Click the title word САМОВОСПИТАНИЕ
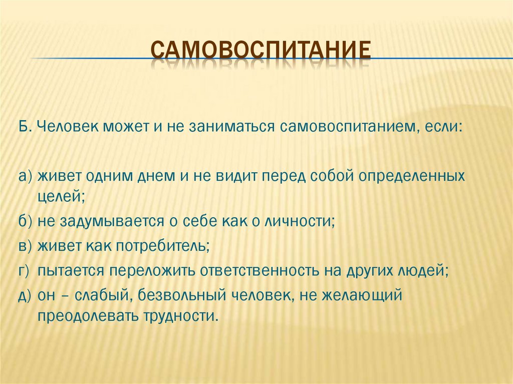[261, 50]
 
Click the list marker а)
[26, 176]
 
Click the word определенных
[412, 176]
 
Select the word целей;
[61, 196]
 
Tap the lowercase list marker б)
[26, 221]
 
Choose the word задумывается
[112, 221]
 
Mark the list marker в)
[26, 246]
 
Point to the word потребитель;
[163, 246]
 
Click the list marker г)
[25, 271]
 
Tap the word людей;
[422, 271]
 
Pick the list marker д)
[26, 296]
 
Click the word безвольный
[182, 295]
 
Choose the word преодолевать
[87, 316]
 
